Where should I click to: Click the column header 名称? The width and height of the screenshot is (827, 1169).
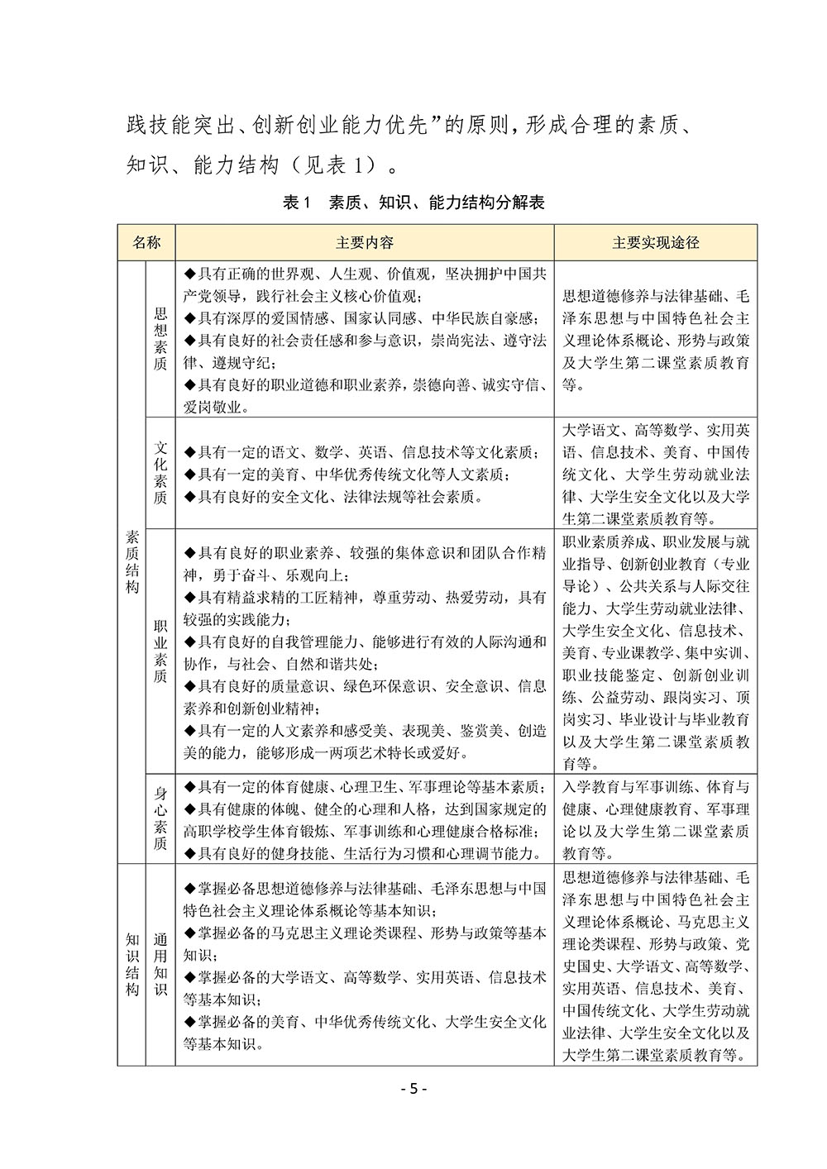pos(146,242)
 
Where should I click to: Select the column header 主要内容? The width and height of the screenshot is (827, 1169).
pos(364,242)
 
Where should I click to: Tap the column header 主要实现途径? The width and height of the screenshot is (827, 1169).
pos(655,242)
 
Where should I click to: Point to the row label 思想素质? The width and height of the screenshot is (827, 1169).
pos(160,339)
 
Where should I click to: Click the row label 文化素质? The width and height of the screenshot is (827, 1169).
pos(160,473)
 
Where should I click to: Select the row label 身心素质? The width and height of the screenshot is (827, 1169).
pos(160,818)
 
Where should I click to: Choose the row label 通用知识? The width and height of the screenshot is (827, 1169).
pos(160,965)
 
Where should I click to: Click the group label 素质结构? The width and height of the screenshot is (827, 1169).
pos(132,562)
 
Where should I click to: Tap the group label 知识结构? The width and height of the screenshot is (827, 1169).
pos(132,965)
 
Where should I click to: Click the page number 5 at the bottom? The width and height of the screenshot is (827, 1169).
pos(411,1089)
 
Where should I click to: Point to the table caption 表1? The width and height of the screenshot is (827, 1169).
pos(295,203)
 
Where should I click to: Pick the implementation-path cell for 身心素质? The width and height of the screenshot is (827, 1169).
pos(655,819)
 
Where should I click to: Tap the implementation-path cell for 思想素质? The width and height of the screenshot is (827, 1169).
pos(655,339)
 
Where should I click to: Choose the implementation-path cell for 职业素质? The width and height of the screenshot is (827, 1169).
pos(655,651)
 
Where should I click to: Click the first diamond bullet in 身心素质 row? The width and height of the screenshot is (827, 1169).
pos(189,786)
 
